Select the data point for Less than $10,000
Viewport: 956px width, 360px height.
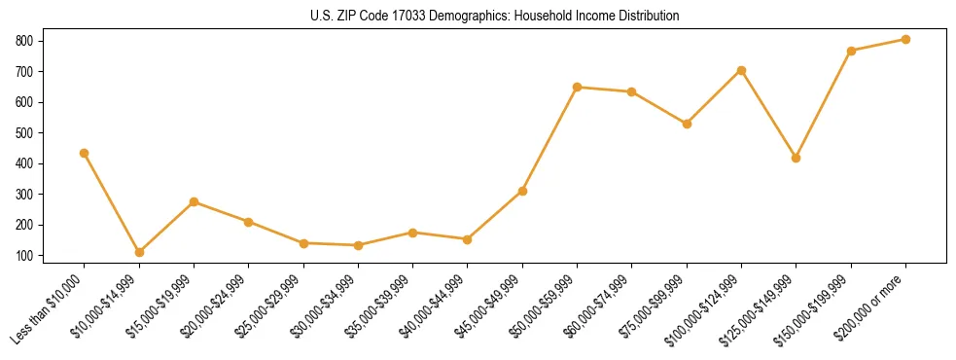[x=85, y=153]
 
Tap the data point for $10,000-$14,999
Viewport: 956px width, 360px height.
[x=139, y=252]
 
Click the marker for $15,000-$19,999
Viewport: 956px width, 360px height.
[x=195, y=201]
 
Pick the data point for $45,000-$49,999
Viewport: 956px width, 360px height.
[x=522, y=191]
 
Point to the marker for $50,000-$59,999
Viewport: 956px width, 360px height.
[x=578, y=87]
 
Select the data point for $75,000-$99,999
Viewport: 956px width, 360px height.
[x=687, y=124]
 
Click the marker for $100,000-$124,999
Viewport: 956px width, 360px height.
[x=742, y=70]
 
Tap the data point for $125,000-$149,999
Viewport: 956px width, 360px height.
[x=797, y=158]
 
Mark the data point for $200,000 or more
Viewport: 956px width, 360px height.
[x=905, y=39]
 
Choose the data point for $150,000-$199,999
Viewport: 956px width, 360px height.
[x=851, y=51]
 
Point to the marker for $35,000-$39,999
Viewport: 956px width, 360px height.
[x=413, y=233]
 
